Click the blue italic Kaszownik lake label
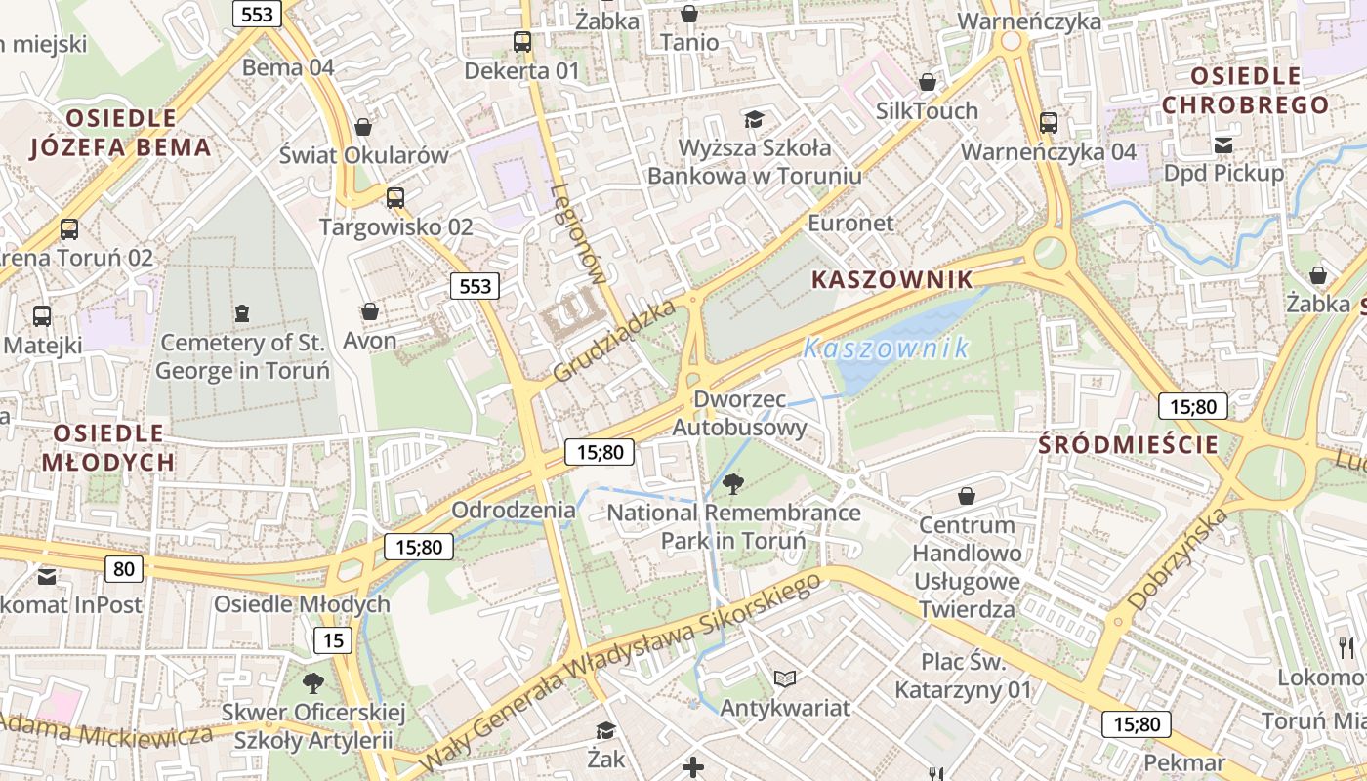click(x=886, y=348)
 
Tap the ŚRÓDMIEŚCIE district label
click(x=1129, y=445)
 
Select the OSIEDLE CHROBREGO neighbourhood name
click(x=1246, y=90)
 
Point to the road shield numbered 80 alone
click(x=123, y=568)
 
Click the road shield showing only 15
click(x=332, y=640)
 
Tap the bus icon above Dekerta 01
click(x=522, y=42)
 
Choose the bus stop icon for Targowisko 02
click(x=395, y=198)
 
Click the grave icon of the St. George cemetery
click(x=241, y=313)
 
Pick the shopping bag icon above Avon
click(x=370, y=312)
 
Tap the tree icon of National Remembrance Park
click(x=733, y=482)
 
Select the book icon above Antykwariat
click(x=785, y=678)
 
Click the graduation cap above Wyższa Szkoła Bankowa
click(x=754, y=120)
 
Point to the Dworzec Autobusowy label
click(x=740, y=413)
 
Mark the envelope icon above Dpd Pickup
click(x=1223, y=145)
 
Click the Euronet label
click(x=850, y=223)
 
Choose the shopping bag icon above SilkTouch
click(x=928, y=82)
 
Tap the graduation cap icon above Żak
click(x=605, y=730)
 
